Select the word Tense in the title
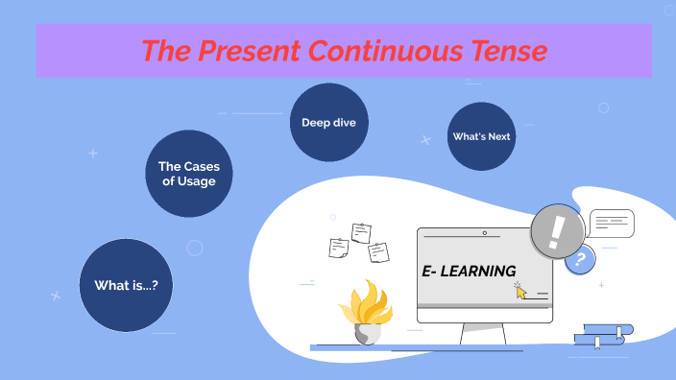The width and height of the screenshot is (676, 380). (504, 50)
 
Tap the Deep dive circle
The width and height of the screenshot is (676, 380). (328, 122)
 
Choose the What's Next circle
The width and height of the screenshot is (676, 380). (481, 136)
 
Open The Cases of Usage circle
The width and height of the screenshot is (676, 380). (189, 174)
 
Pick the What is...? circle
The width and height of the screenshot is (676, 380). (126, 285)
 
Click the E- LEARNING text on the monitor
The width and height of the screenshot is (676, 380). (469, 272)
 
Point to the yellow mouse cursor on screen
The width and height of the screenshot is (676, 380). (521, 291)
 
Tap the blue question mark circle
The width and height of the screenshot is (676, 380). (579, 260)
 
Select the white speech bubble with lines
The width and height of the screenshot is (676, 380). (612, 224)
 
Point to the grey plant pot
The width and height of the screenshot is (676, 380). (367, 333)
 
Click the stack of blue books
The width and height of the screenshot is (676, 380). (603, 335)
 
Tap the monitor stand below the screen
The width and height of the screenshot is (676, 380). (483, 334)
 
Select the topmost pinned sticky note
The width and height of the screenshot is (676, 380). (361, 232)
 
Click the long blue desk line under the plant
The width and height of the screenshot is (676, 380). (403, 347)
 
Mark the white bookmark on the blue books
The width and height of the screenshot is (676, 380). (596, 341)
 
